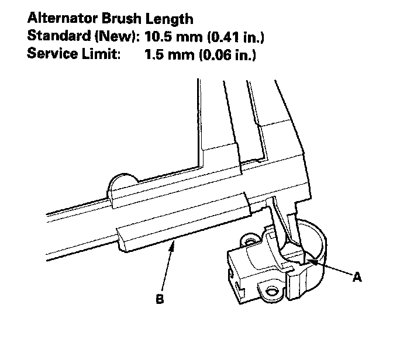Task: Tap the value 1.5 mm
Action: (168, 56)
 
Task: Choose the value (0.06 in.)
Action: (227, 56)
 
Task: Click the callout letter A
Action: (357, 278)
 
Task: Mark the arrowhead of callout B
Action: (173, 243)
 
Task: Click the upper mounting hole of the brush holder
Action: (251, 240)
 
